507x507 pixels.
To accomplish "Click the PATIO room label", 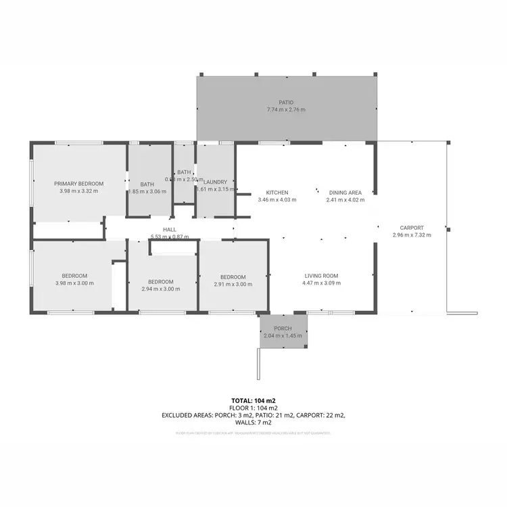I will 286,102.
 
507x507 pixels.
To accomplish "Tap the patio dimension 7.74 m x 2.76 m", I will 286,110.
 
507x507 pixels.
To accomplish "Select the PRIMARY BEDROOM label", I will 79,184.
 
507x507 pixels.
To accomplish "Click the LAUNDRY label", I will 215,182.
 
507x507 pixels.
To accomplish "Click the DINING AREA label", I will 345,192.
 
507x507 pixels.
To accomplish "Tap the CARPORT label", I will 411,227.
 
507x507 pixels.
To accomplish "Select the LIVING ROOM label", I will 321,276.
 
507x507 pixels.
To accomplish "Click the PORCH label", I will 283,329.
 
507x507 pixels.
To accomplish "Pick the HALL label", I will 170,230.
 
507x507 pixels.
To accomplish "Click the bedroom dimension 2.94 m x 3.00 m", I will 161,289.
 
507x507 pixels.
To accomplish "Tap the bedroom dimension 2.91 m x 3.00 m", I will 233,285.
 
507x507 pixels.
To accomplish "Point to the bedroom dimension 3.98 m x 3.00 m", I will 74,283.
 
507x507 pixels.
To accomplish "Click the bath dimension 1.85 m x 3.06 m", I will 147,191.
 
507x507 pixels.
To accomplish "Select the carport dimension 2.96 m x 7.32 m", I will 411,235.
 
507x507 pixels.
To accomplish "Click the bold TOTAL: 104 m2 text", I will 253,401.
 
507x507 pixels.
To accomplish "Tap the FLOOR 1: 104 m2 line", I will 253,408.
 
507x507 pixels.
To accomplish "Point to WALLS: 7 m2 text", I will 253,423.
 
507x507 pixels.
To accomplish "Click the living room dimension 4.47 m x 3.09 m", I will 321,283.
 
